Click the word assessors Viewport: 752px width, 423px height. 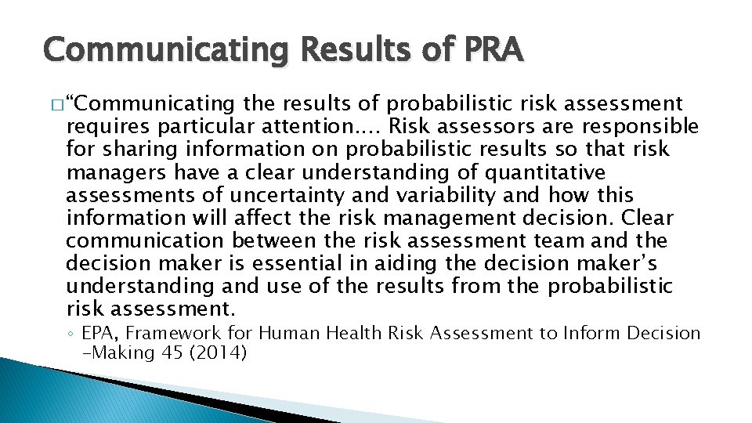[494, 126]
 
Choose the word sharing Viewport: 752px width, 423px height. [128, 149]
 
